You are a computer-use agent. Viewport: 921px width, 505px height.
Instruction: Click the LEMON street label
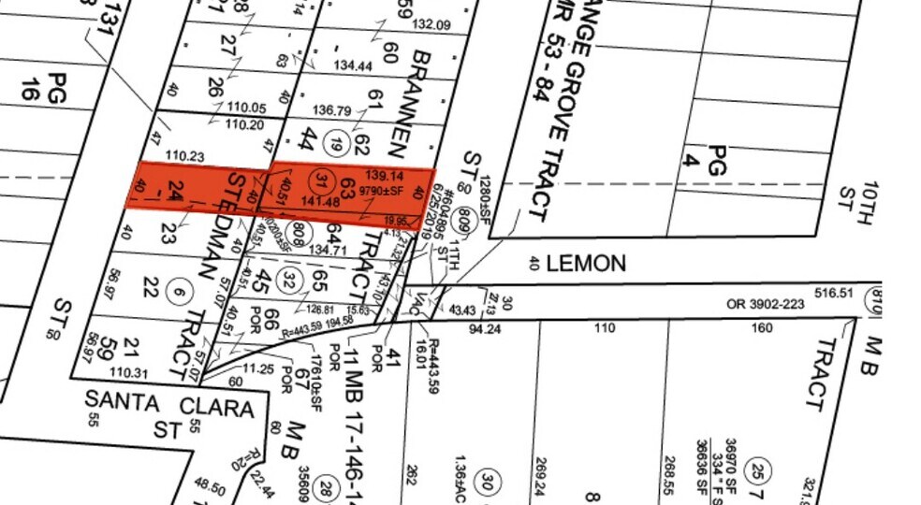[586, 264]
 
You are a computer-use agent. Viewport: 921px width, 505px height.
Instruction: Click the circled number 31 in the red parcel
[323, 181]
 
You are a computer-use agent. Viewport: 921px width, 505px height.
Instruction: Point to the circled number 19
[336, 143]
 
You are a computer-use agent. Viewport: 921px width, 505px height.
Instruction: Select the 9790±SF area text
[385, 193]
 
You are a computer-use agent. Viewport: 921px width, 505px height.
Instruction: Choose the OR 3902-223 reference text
[766, 304]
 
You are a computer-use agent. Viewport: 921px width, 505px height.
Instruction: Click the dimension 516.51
[835, 293]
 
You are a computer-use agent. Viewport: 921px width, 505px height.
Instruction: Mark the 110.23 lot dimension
[184, 156]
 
